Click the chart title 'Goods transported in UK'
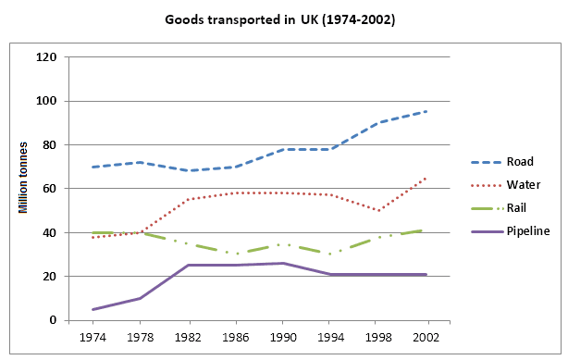[279, 19]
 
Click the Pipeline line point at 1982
[186, 266]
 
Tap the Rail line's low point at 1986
[234, 254]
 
